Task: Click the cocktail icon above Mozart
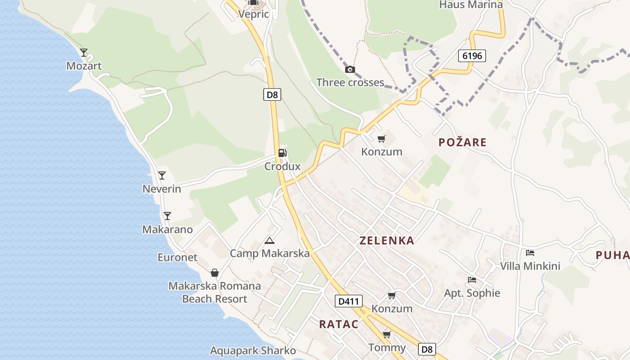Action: coord(84,53)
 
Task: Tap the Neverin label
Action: coord(162,189)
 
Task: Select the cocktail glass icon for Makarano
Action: coord(167,216)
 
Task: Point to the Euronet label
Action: coord(177,257)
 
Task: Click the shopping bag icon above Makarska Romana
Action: coord(215,273)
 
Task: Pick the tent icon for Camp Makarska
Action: coord(270,240)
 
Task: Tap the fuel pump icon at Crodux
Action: coord(282,153)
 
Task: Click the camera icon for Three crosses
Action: coord(350,69)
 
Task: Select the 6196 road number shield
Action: coord(472,56)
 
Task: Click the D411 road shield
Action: coord(348,301)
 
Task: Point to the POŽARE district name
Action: coord(463,143)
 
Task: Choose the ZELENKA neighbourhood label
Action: coord(387,240)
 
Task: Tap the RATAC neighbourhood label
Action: coord(339,324)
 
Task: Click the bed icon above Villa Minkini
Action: coord(530,253)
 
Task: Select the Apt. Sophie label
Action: coord(472,293)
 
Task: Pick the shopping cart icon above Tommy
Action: coord(387,334)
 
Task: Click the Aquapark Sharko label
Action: coord(253,351)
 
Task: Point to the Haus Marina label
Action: coord(471,5)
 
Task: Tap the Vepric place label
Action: coord(254,14)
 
